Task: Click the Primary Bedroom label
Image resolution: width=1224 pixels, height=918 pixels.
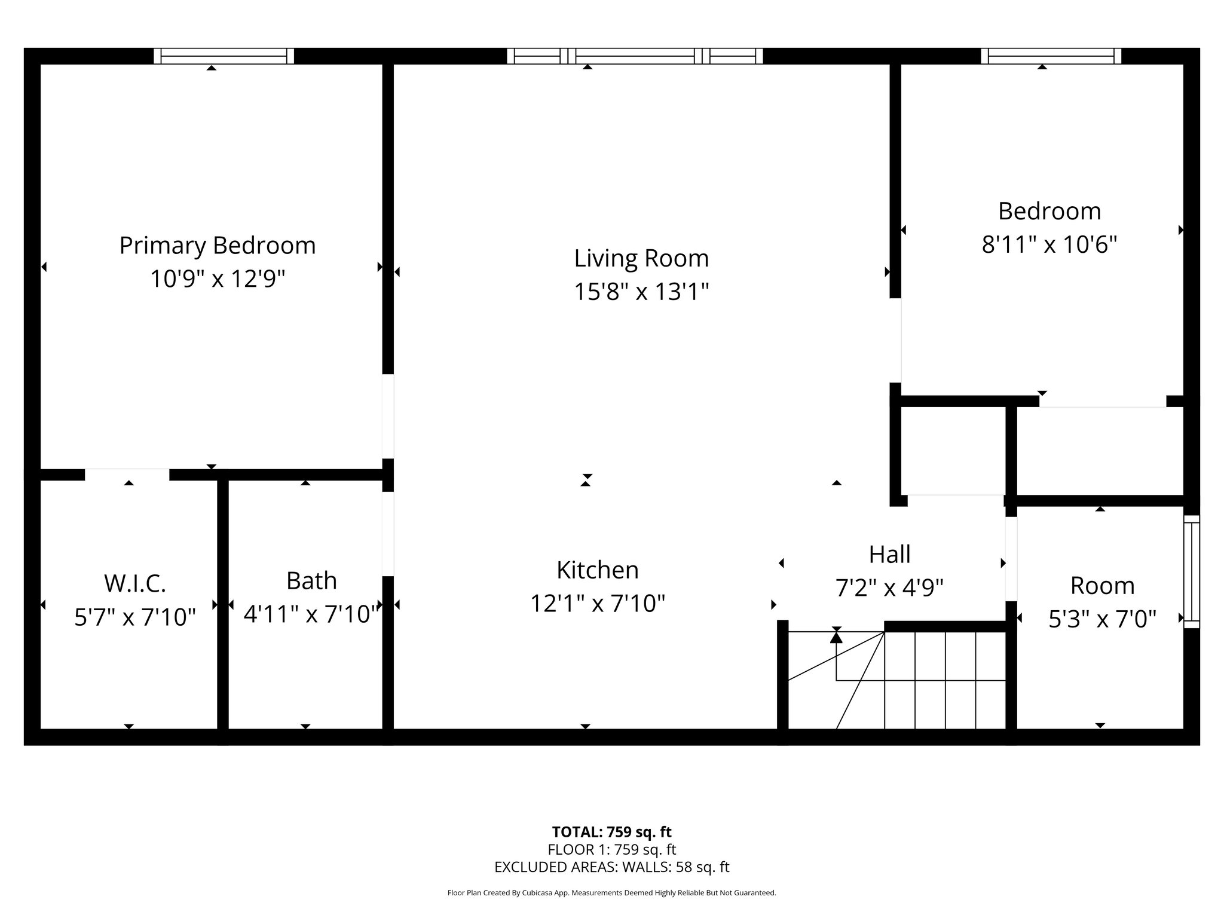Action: (x=218, y=246)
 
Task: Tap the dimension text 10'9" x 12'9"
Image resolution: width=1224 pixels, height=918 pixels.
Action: (x=218, y=279)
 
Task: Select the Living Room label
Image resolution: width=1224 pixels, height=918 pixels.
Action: (x=641, y=259)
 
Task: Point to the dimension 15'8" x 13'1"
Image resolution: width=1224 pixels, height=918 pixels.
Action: (x=641, y=292)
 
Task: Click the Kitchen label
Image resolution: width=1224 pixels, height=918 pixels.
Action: (x=598, y=570)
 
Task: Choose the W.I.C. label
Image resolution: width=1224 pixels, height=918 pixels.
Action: (x=135, y=583)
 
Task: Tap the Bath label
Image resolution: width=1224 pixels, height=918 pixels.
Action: (x=311, y=581)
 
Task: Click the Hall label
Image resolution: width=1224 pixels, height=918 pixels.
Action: (x=889, y=555)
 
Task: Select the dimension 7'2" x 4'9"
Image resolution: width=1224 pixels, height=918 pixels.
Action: (x=889, y=588)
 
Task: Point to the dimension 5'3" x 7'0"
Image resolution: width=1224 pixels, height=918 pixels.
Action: (x=1102, y=619)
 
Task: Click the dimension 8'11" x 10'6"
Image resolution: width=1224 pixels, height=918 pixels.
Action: (x=1049, y=244)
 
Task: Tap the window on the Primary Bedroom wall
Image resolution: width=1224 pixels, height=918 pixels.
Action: (x=224, y=56)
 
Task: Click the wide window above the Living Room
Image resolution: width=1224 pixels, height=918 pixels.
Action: (x=635, y=56)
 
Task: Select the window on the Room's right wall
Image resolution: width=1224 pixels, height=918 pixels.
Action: (x=1191, y=571)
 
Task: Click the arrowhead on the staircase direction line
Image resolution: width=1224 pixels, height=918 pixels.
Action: (x=836, y=638)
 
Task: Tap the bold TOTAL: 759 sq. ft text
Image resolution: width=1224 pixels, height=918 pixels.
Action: (x=611, y=832)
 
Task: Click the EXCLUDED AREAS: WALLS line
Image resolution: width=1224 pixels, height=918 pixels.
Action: (x=611, y=867)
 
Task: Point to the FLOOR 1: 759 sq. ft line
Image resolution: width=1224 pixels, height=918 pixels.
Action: (x=611, y=849)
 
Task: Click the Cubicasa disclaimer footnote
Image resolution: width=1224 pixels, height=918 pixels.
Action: (x=611, y=893)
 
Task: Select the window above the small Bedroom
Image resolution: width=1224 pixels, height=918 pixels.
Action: (x=1051, y=56)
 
